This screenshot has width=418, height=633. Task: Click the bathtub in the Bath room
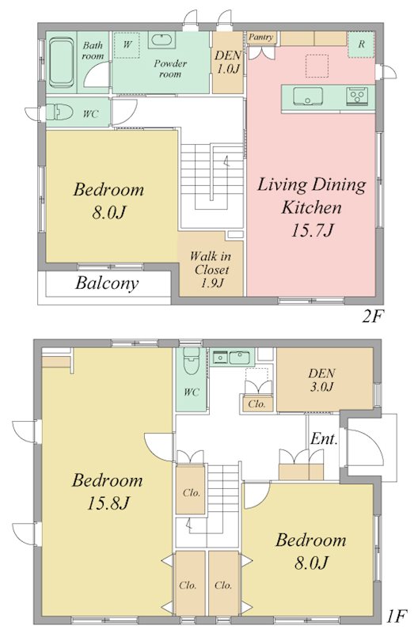click(63, 63)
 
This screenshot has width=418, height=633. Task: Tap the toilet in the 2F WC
click(59, 112)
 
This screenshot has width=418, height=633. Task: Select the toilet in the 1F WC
click(192, 361)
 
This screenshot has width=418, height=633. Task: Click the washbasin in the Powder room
click(162, 40)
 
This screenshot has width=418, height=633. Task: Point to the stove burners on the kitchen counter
click(357, 96)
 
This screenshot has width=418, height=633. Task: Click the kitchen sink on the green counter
click(308, 97)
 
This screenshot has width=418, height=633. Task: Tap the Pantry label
click(260, 37)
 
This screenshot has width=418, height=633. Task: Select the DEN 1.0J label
click(228, 62)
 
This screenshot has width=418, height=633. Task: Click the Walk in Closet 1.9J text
click(211, 269)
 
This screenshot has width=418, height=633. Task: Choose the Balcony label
click(107, 283)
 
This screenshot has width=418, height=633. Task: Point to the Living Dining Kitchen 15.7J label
click(312, 207)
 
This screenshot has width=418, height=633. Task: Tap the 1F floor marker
click(397, 616)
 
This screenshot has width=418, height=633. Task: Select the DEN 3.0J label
click(321, 380)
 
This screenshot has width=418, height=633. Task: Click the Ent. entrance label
click(324, 438)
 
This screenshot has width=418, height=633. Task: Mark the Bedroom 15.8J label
click(108, 491)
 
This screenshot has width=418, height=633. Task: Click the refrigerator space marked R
click(362, 44)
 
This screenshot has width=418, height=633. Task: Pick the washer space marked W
click(127, 44)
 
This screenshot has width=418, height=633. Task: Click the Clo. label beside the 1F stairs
click(192, 492)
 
